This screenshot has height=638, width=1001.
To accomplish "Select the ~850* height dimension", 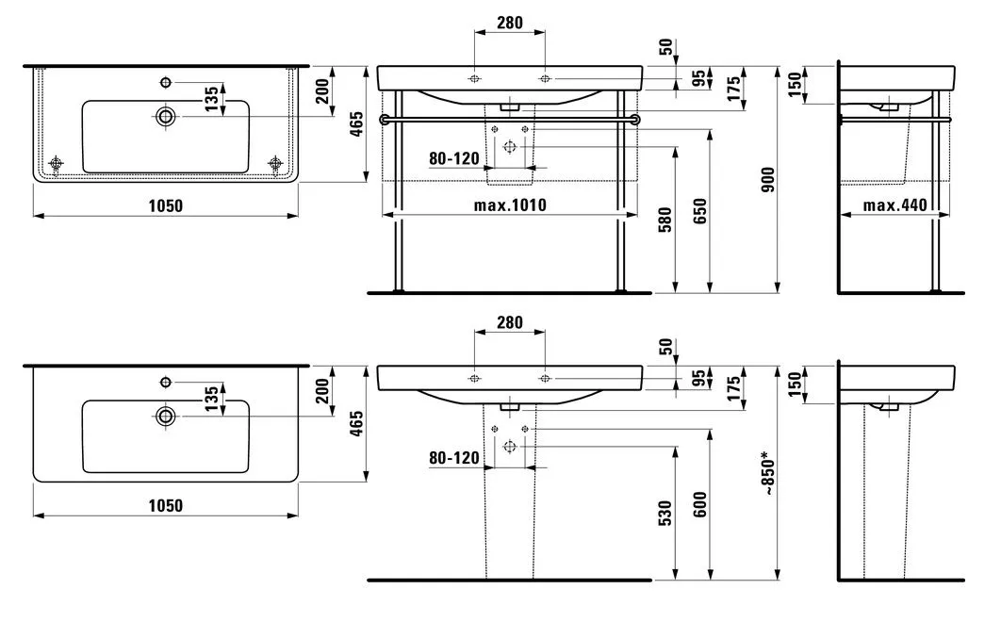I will tap(768, 473).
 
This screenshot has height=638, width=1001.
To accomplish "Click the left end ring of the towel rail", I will tap(384, 120).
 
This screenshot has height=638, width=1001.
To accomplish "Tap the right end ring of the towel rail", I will tap(636, 120).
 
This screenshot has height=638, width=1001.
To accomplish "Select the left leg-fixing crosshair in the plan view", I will tap(56, 164).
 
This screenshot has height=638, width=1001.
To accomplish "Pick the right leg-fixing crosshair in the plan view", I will tap(275, 164).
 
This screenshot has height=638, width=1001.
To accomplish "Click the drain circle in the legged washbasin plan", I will tap(166, 116).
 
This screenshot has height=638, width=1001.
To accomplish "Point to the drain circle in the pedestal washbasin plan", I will tap(166, 416).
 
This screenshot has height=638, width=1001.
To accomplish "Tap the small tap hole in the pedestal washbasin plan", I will tap(166, 381).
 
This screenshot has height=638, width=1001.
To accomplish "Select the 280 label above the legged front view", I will tap(509, 23).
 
